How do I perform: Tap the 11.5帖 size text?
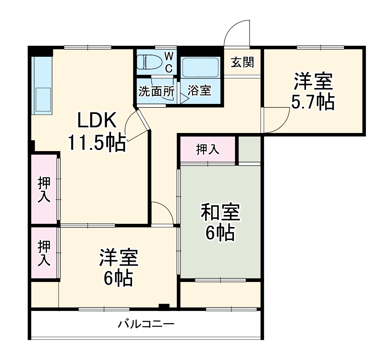click(97, 143)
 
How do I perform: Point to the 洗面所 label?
click(156, 92)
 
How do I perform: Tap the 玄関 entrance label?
click(243, 62)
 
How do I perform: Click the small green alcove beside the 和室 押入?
click(250, 149)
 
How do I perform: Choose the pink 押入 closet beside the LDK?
click(44, 189)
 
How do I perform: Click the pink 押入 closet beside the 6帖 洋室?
click(44, 253)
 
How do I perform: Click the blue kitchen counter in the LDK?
click(42, 85)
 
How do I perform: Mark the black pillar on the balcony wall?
click(164, 306)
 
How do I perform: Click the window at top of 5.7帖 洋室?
click(320, 47)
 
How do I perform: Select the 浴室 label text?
click(199, 91)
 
